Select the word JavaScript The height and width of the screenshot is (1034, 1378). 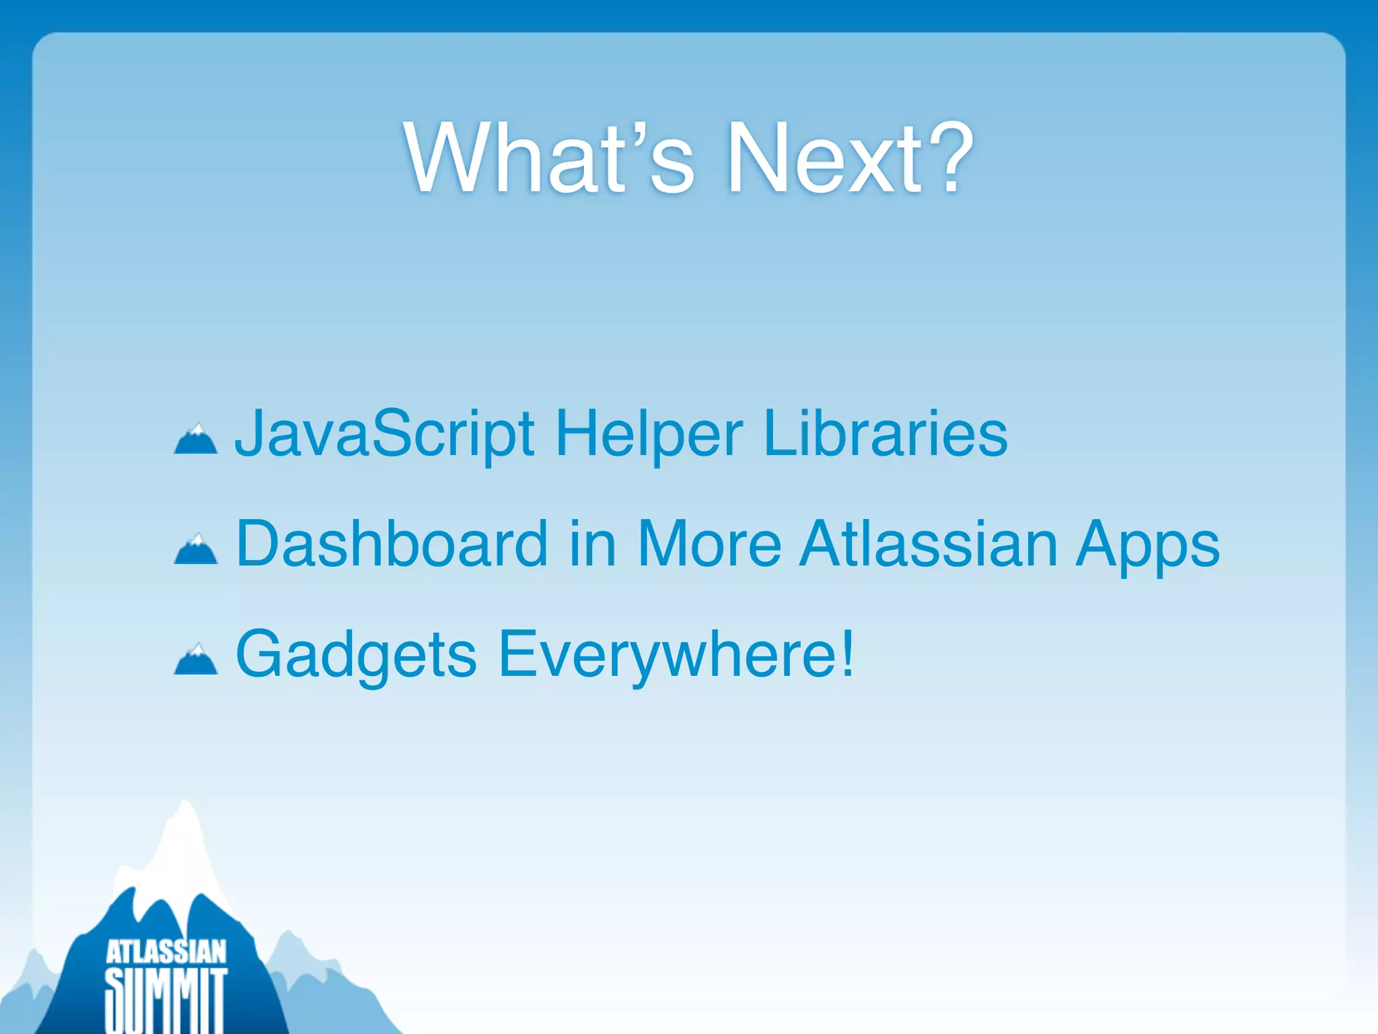pyautogui.click(x=385, y=434)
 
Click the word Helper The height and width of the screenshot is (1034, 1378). pyautogui.click(x=649, y=434)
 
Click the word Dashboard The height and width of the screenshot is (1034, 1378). pyautogui.click(x=392, y=544)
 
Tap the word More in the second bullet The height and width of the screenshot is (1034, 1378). pyautogui.click(x=709, y=544)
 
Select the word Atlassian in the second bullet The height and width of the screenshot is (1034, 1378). pyautogui.click(x=929, y=544)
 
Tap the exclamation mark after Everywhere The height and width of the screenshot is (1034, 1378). pyautogui.click(x=846, y=653)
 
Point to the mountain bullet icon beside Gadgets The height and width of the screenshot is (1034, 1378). pyautogui.click(x=196, y=660)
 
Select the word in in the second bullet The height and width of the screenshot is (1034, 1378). pyautogui.click(x=592, y=544)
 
